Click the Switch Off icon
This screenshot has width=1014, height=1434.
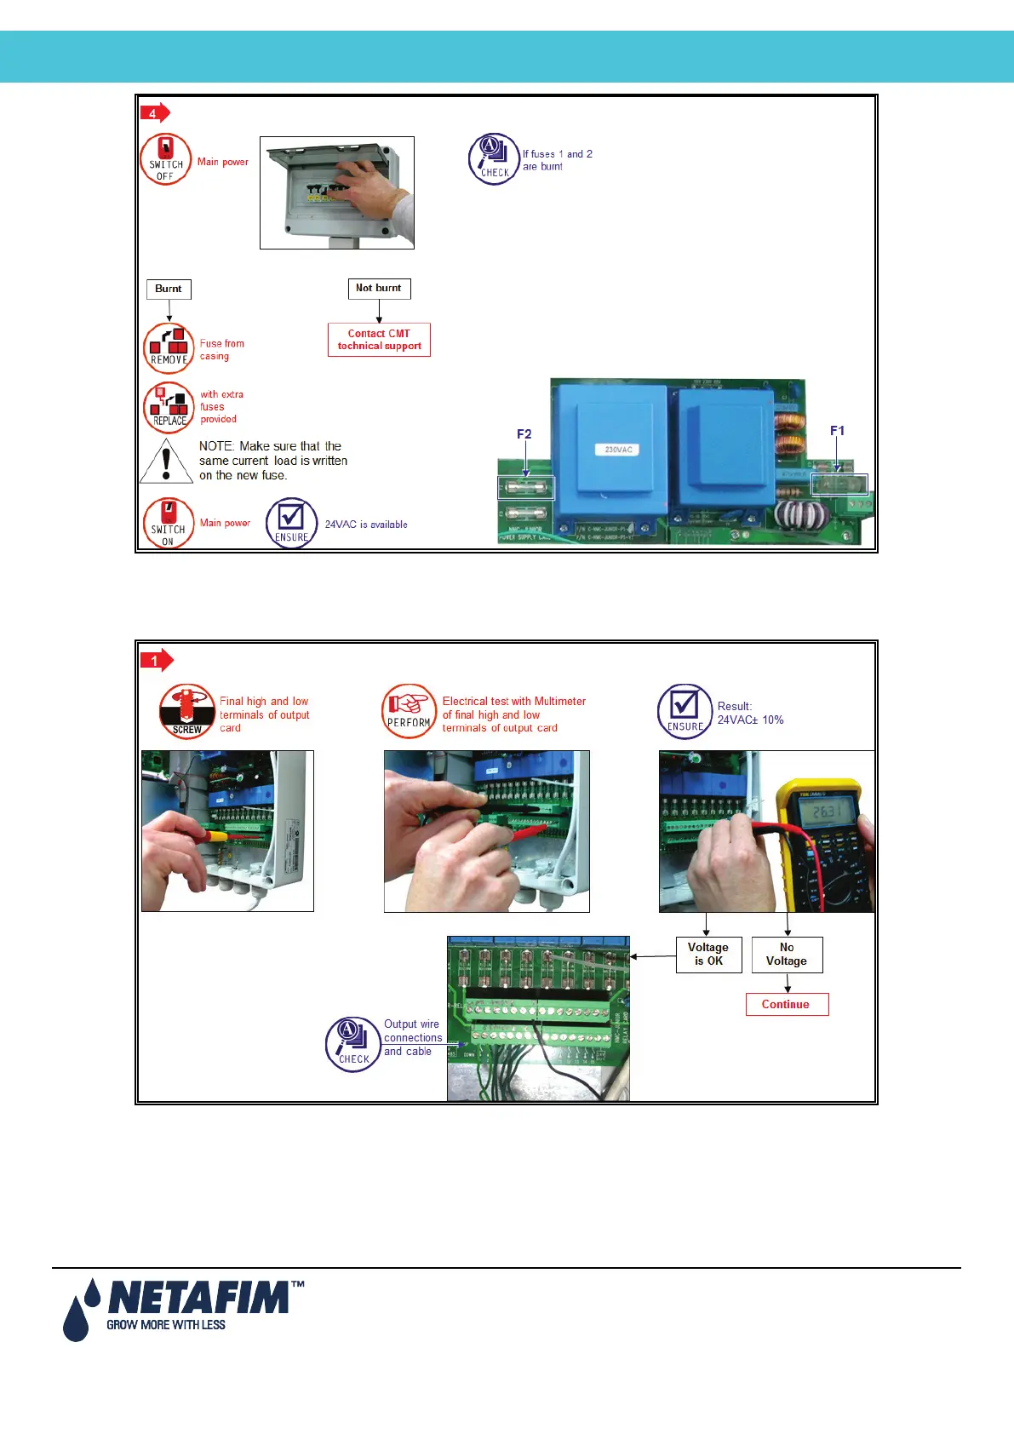[165, 159]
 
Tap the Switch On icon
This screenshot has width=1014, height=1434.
[168, 523]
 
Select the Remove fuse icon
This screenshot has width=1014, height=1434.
[169, 347]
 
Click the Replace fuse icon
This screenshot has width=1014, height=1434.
[169, 407]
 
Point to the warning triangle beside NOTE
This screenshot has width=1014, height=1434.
[166, 462]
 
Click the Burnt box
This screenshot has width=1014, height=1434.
[169, 289]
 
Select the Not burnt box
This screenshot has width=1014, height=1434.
[379, 289]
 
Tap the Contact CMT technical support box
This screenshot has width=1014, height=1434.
[379, 340]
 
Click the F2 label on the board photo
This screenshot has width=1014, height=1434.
[524, 434]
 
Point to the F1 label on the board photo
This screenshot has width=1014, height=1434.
[837, 431]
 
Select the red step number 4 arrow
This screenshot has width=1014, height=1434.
[155, 112]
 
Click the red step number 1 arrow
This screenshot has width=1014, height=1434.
[156, 660]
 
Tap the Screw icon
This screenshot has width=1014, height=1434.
[186, 711]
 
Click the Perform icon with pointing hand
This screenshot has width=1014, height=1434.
[409, 711]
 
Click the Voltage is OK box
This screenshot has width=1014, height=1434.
[708, 955]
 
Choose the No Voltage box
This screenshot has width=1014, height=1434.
[787, 955]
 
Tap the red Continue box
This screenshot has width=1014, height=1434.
[787, 1005]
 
